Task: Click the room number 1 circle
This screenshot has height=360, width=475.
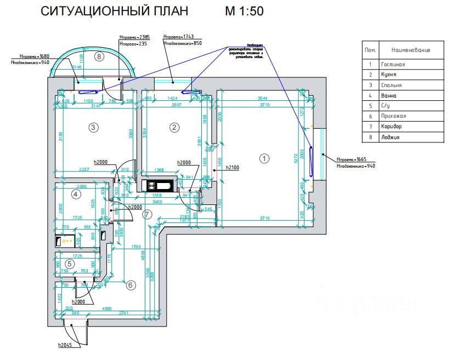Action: pos(264,158)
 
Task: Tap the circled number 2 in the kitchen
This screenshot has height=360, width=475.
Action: pos(174,128)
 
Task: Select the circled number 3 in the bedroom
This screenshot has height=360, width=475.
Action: pos(94,128)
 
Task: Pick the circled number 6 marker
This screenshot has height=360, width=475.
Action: pos(131,285)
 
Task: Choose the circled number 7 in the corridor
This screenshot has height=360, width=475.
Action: pos(146,214)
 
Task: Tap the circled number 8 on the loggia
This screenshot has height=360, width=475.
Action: pos(99,56)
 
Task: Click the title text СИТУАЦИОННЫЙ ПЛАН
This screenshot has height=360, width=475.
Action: pos(115,11)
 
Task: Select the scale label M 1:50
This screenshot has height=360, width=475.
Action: pos(244,11)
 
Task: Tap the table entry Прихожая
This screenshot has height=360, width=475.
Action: pos(394,116)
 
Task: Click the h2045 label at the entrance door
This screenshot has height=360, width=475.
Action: pos(66,345)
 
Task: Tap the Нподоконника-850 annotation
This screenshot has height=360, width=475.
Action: pos(183,42)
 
